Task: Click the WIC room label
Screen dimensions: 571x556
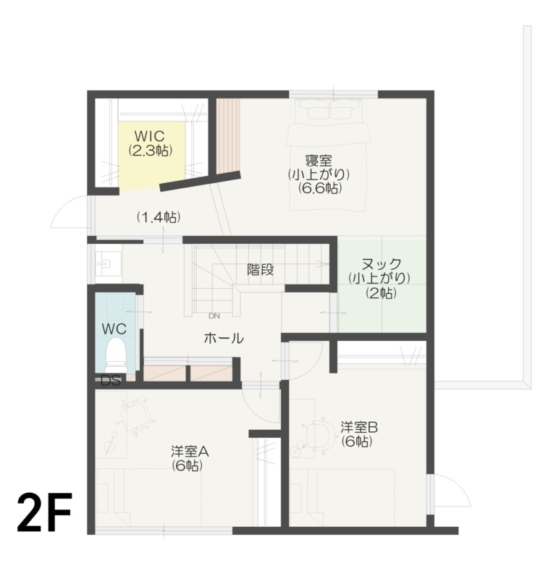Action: click(x=149, y=136)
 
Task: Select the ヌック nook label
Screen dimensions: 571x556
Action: click(x=379, y=264)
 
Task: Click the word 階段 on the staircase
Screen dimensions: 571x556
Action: click(x=261, y=270)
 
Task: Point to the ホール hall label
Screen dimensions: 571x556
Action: click(x=223, y=338)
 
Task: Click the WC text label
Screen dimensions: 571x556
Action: click(x=114, y=329)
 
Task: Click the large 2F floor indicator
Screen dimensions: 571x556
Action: click(x=45, y=512)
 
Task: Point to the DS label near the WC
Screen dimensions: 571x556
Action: click(x=110, y=381)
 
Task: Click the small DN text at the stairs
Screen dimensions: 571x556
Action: click(x=214, y=316)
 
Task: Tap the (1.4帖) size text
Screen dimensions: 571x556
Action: click(x=159, y=216)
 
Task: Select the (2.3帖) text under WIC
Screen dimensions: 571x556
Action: click(x=149, y=151)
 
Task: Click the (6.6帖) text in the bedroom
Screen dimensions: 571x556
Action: click(x=319, y=188)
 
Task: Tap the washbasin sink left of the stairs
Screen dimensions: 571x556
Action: click(x=108, y=263)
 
